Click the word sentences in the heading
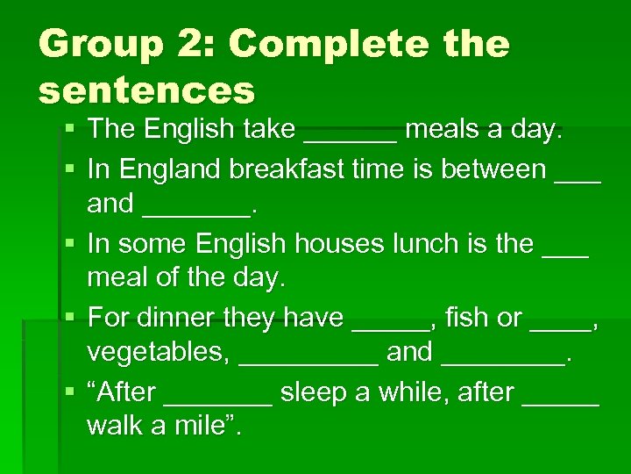coord(146,90)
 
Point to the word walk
coord(117,427)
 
